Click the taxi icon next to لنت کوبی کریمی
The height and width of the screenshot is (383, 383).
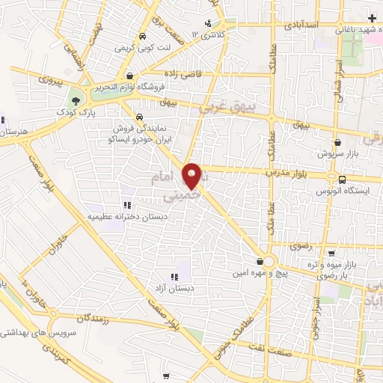click(x=141, y=36)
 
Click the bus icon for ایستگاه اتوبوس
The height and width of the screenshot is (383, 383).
click(x=342, y=179)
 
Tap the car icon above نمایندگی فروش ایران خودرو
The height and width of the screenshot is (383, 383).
click(x=139, y=117)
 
